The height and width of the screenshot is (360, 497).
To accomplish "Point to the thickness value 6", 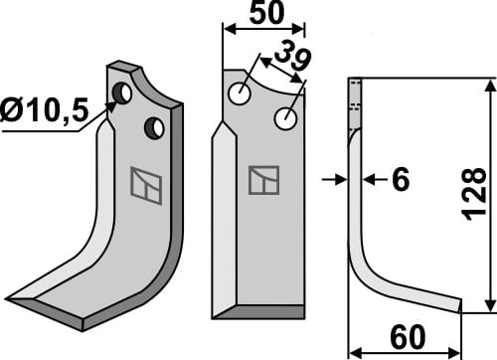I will [401, 180].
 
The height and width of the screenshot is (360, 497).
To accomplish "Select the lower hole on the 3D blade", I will [154, 128].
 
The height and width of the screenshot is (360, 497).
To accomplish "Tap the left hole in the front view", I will [239, 95].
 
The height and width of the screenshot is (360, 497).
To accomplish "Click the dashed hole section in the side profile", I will [355, 104].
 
